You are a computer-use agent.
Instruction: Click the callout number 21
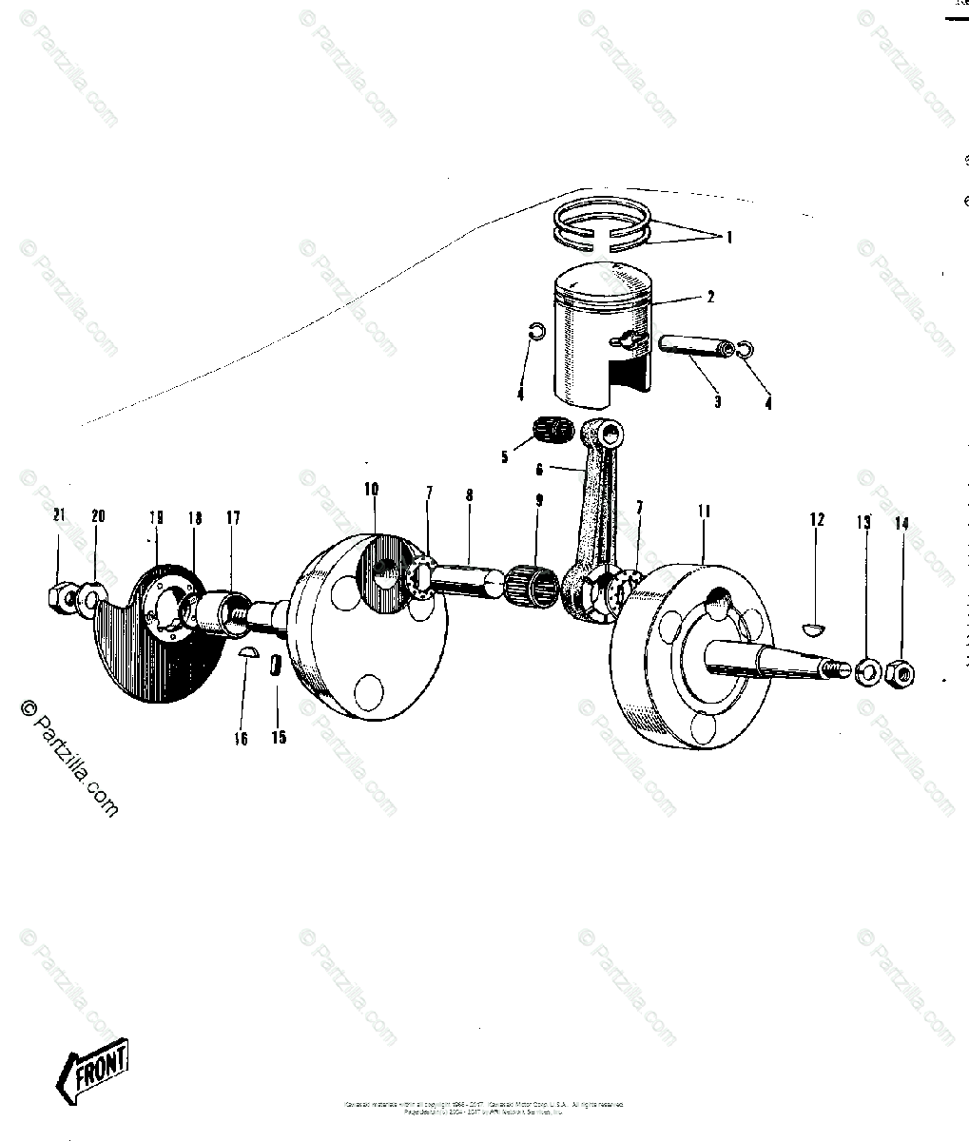[x=59, y=516]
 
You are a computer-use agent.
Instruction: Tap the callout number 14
[x=901, y=523]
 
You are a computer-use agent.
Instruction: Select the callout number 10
[x=371, y=490]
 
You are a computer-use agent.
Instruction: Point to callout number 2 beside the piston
[x=710, y=297]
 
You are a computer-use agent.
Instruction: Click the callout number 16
[x=242, y=738]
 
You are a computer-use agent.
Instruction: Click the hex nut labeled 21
[x=60, y=597]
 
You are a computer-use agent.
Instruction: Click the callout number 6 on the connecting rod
[x=540, y=470]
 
